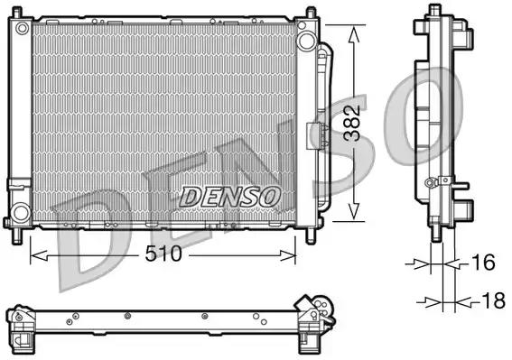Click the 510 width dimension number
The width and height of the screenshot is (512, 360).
(163, 255)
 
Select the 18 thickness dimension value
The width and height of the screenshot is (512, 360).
(491, 301)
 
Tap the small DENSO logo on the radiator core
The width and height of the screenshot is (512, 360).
(231, 195)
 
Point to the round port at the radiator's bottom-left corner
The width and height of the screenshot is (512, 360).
(19, 212)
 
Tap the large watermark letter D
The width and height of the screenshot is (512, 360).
(90, 226)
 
